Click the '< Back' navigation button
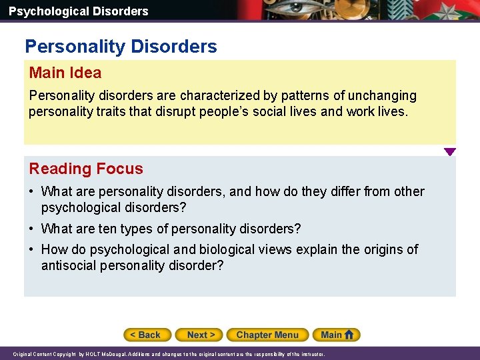[147, 335]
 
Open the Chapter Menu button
[267, 335]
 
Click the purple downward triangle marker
[450, 152]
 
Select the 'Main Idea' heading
[65, 73]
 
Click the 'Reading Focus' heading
[86, 169]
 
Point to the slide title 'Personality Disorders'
[121, 47]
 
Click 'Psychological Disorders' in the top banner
[79, 11]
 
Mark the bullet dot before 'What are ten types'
[31, 229]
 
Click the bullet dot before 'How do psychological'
[31, 249]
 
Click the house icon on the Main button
[349, 335]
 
